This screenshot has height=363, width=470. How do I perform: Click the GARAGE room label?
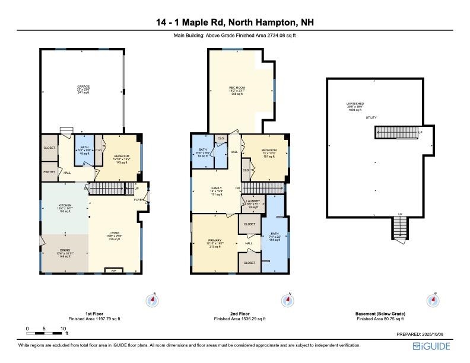[x=83, y=87]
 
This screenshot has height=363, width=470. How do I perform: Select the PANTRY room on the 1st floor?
[x=49, y=171]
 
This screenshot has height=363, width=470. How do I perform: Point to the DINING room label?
[x=63, y=251]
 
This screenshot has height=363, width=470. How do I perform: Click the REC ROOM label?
[x=237, y=88]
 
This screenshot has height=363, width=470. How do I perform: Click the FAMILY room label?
[x=217, y=189]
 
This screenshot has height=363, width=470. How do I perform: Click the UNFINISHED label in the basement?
[x=354, y=104]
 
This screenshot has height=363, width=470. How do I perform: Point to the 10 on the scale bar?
[x=63, y=329]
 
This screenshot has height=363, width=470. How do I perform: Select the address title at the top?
[x=235, y=23]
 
